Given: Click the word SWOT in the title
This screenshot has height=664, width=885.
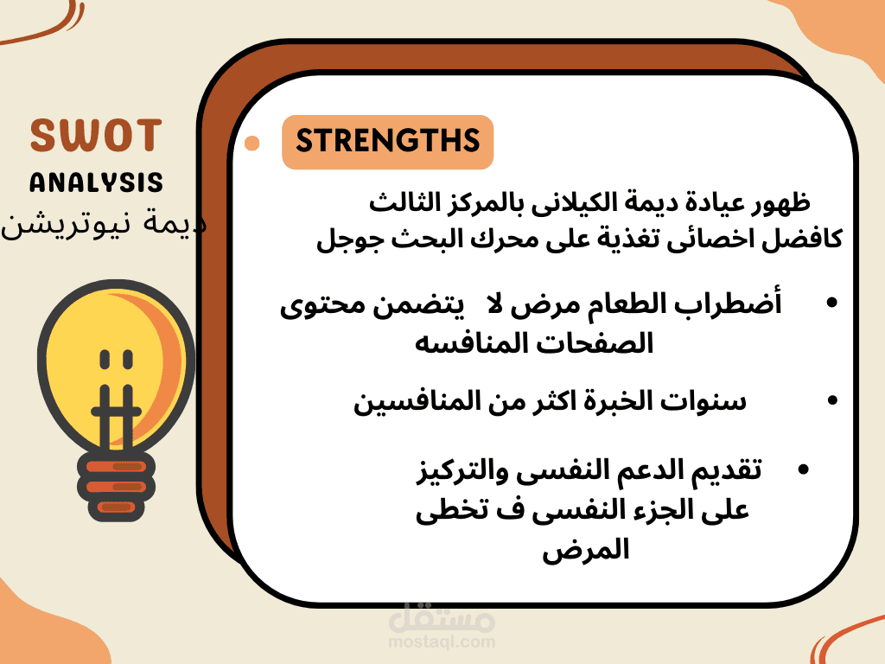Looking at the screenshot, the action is click(96, 136).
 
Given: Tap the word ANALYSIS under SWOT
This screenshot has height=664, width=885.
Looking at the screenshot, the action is click(96, 182).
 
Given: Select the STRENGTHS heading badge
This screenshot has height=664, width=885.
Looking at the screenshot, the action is click(388, 142).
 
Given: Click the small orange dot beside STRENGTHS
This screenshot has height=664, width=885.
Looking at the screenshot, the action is click(251, 144).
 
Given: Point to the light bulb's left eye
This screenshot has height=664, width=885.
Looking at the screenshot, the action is click(105, 360).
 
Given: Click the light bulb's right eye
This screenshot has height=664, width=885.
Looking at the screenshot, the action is click(128, 360).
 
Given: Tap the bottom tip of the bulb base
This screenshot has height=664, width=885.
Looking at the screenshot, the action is click(117, 520).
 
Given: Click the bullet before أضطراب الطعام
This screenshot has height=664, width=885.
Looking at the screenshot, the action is click(831, 303).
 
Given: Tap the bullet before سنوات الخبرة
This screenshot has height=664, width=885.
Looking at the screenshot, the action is click(832, 400).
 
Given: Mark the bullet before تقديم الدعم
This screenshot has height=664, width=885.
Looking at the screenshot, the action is click(804, 469).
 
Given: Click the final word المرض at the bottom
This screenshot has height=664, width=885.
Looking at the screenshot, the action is click(586, 550).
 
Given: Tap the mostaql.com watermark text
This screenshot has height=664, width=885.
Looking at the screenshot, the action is click(442, 642).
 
